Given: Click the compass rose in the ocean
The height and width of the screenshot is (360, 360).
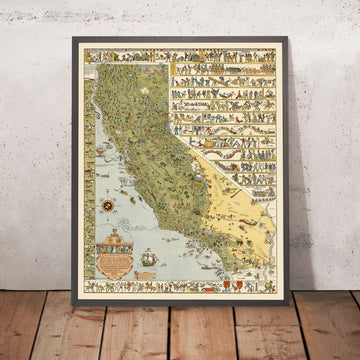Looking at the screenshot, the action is pos(108,205).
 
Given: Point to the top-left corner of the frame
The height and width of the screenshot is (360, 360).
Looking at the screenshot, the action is pos(74,39).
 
